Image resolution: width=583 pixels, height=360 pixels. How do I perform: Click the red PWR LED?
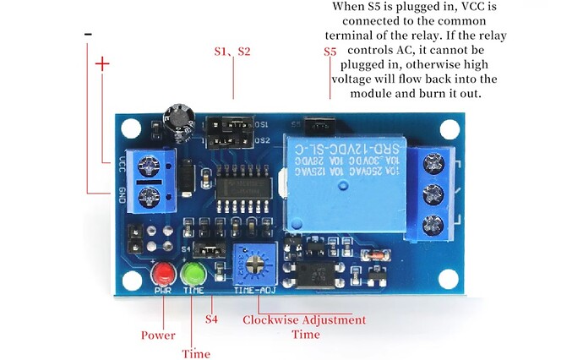pyautogui.click(x=163, y=274)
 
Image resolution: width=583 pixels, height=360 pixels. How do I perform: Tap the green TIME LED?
pyautogui.click(x=193, y=274)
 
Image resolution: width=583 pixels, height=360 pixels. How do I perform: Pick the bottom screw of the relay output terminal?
pyautogui.click(x=433, y=225)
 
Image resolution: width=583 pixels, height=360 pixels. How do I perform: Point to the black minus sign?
pyautogui.click(x=88, y=34)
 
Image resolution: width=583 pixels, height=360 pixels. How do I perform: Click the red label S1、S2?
pyautogui.click(x=232, y=52)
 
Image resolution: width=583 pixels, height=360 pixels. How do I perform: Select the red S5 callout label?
pyautogui.click(x=330, y=52)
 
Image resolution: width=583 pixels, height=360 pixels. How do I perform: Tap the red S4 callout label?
pyautogui.click(x=213, y=319)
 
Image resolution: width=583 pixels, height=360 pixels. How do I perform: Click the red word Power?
pyautogui.click(x=158, y=335)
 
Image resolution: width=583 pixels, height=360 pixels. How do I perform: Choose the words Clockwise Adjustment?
pyautogui.click(x=304, y=320)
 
